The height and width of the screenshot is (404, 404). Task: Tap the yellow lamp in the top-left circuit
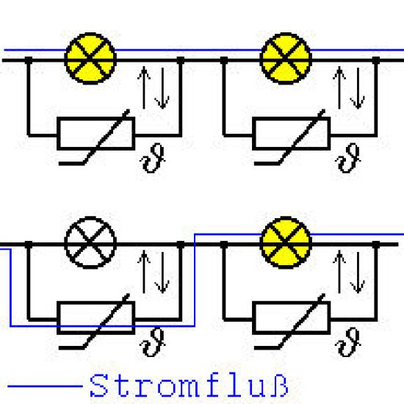pos(90,59)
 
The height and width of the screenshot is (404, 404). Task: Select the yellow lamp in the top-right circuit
pos(286,59)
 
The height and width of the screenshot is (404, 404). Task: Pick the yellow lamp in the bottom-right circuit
pos(286,242)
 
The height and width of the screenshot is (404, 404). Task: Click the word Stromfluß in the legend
pos(189,385)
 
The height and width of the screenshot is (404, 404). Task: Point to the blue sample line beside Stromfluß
pos(45,386)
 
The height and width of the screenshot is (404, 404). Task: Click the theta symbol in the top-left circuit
pos(153,159)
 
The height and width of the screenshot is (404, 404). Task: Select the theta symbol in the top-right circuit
pos(348,159)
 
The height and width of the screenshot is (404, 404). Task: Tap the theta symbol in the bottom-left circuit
pos(153,343)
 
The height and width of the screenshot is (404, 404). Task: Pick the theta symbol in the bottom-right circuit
pos(348,343)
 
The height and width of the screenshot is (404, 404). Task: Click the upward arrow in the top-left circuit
pos(144,87)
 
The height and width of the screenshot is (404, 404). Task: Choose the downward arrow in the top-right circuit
pos(358,88)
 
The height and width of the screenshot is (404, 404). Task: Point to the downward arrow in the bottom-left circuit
pos(162,273)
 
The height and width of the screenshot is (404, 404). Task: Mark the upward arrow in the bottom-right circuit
pos(339,272)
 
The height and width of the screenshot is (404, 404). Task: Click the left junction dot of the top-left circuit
pos(29,60)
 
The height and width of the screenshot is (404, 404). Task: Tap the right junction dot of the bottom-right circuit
pos(376,245)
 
